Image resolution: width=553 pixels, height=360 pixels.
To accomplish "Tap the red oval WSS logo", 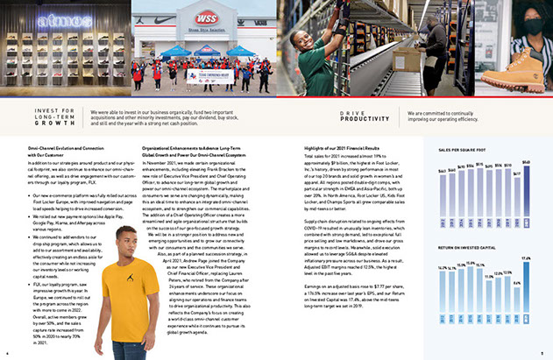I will [207, 18].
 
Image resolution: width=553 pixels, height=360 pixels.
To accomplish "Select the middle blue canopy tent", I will [208, 50].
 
